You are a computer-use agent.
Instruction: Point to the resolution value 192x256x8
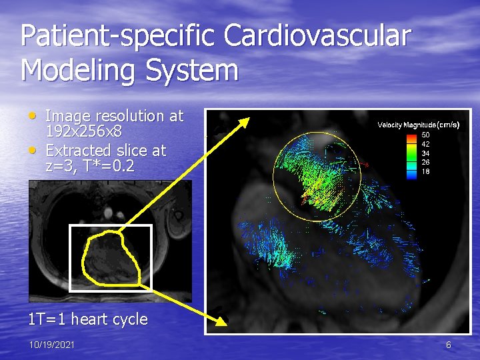click(x=83, y=133)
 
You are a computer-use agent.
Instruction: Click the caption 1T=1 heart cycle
click(x=87, y=319)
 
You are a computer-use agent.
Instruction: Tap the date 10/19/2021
click(x=51, y=345)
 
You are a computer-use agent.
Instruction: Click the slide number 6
click(x=449, y=345)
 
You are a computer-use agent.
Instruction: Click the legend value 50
click(x=425, y=134)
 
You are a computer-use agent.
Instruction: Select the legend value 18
click(x=425, y=171)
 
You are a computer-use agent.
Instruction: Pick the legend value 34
click(x=425, y=153)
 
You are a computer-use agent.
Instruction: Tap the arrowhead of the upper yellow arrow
click(x=243, y=122)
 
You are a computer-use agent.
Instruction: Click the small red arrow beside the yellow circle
click(x=364, y=163)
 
